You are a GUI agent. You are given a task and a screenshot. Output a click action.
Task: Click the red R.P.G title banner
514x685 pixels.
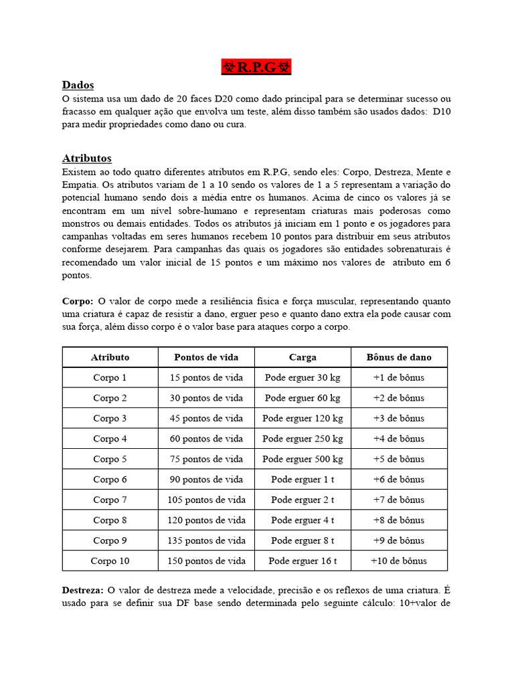tap(257, 68)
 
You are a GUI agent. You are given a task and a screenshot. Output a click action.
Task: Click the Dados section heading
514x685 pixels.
tap(78, 85)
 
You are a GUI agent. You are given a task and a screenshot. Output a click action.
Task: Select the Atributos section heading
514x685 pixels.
tap(87, 159)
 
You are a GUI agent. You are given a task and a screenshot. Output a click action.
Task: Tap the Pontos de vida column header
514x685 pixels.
tap(206, 357)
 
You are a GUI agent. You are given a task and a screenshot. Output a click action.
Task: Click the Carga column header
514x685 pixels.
tap(303, 357)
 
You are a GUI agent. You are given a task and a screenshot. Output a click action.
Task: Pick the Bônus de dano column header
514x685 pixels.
tap(399, 357)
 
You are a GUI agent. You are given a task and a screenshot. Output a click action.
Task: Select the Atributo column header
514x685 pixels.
tap(110, 357)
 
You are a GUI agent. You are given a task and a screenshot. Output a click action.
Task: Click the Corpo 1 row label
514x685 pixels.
tap(110, 377)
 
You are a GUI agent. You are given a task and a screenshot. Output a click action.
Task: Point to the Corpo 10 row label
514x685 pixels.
tap(110, 561)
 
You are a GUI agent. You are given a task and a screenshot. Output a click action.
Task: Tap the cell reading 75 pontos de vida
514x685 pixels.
tap(206, 459)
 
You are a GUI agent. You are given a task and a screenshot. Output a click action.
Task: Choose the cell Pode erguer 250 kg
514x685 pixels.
tap(303, 439)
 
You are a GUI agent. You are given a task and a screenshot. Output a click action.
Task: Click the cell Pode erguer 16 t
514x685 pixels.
tap(303, 561)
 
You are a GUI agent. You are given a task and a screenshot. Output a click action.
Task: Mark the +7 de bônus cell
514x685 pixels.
tap(399, 500)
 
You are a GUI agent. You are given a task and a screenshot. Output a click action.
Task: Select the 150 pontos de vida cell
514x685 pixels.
tap(206, 561)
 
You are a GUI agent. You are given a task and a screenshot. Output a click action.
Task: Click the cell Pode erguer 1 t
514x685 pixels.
tap(303, 480)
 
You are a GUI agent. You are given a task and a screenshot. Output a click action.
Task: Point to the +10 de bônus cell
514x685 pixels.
tap(399, 561)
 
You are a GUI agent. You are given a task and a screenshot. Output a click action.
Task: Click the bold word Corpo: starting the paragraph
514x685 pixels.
tap(78, 302)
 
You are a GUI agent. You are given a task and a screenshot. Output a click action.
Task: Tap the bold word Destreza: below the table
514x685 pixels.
tap(82, 589)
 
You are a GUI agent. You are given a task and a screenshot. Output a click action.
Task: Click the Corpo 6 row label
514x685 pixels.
tap(110, 480)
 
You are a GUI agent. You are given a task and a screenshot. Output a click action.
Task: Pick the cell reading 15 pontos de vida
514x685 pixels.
tap(206, 377)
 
